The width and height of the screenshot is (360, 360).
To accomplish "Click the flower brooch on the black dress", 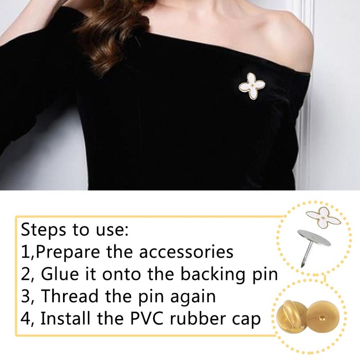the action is pyautogui.click(x=252, y=86).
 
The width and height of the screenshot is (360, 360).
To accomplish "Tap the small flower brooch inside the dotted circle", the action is pyautogui.click(x=323, y=218).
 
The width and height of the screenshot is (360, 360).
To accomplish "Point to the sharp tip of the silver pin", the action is pyautogui.click(x=301, y=267).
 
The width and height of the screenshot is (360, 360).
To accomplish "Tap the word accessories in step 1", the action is pyautogui.click(x=186, y=252).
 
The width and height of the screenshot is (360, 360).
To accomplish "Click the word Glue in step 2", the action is pyautogui.click(x=60, y=274).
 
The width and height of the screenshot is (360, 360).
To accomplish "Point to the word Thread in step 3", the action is pyautogui.click(x=71, y=296).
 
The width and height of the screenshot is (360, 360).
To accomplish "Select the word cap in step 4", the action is pyautogui.click(x=246, y=321).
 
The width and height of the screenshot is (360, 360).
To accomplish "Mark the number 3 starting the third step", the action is pyautogui.click(x=25, y=296).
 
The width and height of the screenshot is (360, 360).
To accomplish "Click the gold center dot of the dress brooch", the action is pyautogui.click(x=252, y=85).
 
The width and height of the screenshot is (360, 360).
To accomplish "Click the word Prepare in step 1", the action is pyautogui.click(x=68, y=252).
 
